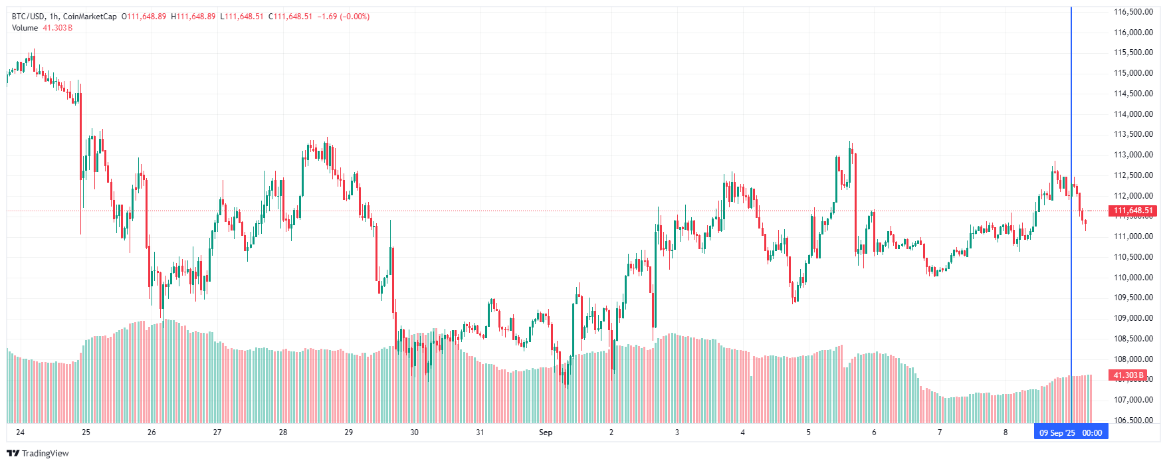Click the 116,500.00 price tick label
click(1133, 11)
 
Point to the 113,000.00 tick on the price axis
click(1133, 155)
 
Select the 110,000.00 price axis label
click(1133, 278)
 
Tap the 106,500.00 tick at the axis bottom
click(1133, 420)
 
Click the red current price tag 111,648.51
click(1133, 211)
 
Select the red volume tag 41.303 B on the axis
click(1128, 375)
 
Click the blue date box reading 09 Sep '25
click(1057, 433)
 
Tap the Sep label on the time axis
click(545, 432)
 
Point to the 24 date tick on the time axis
click(21, 432)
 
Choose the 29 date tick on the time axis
click(349, 432)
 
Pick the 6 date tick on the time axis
click(874, 432)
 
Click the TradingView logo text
click(45, 454)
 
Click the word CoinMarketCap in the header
click(90, 17)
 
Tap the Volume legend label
click(25, 28)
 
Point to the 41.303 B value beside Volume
click(58, 28)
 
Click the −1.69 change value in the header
click(326, 17)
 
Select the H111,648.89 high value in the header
click(193, 17)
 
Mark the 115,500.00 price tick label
click(1133, 52)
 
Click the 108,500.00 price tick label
click(1133, 339)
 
